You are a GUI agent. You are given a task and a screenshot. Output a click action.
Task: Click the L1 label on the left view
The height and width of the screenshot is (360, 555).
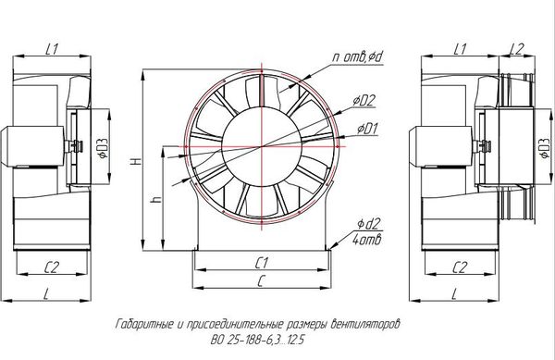pos(52,49)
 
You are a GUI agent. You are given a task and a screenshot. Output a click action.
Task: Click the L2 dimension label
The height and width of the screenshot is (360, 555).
pos(517,49)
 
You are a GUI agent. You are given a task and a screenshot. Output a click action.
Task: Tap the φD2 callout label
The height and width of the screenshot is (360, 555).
pos(364,101)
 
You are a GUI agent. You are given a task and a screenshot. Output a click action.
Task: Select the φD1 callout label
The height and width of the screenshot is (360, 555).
pos(367,129)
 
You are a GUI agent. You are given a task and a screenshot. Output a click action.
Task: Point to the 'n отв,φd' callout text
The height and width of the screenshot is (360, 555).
pos(358,56)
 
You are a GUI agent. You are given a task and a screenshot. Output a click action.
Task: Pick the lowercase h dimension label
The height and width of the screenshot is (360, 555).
pos(156,200)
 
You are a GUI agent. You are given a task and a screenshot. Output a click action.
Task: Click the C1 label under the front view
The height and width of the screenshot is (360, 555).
pos(262,263)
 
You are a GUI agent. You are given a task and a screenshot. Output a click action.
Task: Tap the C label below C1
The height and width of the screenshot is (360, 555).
pos(261,281)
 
